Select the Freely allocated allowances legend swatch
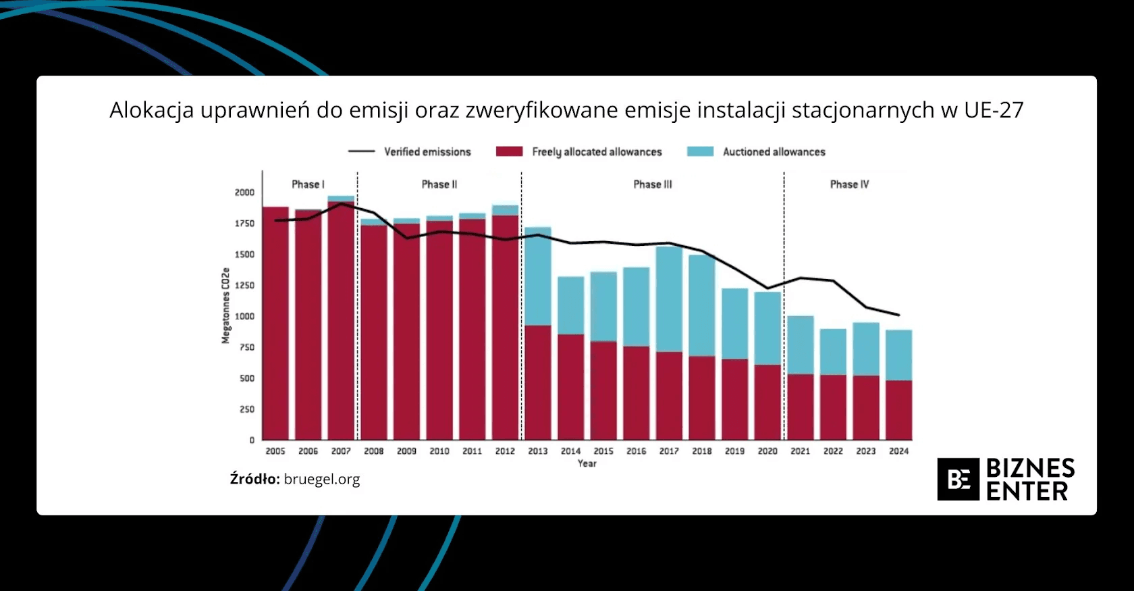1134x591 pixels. (x=509, y=152)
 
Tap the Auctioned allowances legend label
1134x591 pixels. (x=774, y=152)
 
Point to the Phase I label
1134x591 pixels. (x=308, y=184)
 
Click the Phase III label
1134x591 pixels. (x=653, y=184)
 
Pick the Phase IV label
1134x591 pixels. (x=849, y=184)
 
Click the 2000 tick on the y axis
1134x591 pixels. (x=244, y=192)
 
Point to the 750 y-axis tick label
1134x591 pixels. (x=247, y=347)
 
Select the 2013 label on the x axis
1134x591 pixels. (x=538, y=451)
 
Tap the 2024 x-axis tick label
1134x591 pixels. (x=898, y=451)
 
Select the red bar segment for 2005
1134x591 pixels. (x=275, y=324)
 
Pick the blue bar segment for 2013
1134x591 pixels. (x=538, y=277)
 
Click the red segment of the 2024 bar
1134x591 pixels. (x=898, y=411)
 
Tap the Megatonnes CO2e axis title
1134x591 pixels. (x=225, y=306)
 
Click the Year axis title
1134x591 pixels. (x=587, y=463)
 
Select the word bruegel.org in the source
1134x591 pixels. (x=322, y=480)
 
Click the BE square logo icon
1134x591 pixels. (x=958, y=480)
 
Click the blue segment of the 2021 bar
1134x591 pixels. (x=801, y=345)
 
